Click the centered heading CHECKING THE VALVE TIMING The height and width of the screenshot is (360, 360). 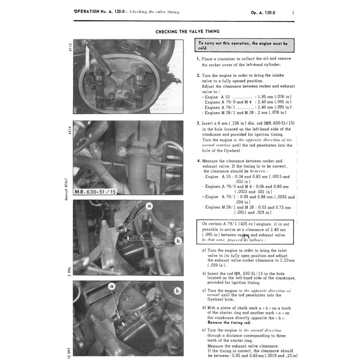tap(187, 32)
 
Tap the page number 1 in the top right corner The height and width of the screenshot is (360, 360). tap(293, 12)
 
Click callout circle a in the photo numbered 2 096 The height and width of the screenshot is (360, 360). tap(149, 206)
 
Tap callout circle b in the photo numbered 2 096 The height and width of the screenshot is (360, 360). tap(178, 240)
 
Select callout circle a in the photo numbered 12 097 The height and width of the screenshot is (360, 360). tap(112, 287)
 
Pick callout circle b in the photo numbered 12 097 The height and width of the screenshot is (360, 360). tap(177, 290)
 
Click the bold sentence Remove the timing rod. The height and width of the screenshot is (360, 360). tap(229, 323)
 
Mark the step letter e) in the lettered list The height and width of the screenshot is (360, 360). tap(204, 330)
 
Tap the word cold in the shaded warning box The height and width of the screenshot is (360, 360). tap(202, 48)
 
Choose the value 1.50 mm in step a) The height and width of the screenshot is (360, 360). tap(286, 260)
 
